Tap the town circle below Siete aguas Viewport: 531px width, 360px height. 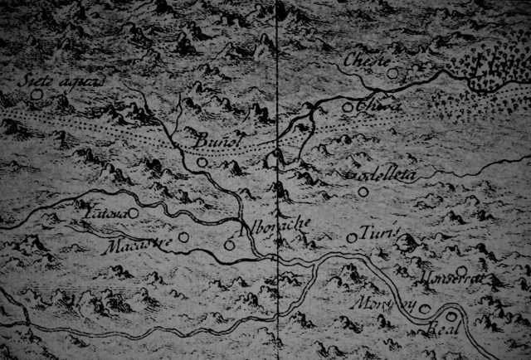[x=36, y=95]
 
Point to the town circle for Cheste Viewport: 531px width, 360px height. [x=392, y=73]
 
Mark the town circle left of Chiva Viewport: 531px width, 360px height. [x=348, y=106]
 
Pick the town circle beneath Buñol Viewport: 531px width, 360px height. [x=202, y=163]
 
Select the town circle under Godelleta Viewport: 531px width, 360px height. [x=362, y=192]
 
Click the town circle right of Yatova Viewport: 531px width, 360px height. [x=133, y=212]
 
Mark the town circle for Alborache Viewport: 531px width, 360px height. [x=229, y=244]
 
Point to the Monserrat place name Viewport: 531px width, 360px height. [x=450, y=278]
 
